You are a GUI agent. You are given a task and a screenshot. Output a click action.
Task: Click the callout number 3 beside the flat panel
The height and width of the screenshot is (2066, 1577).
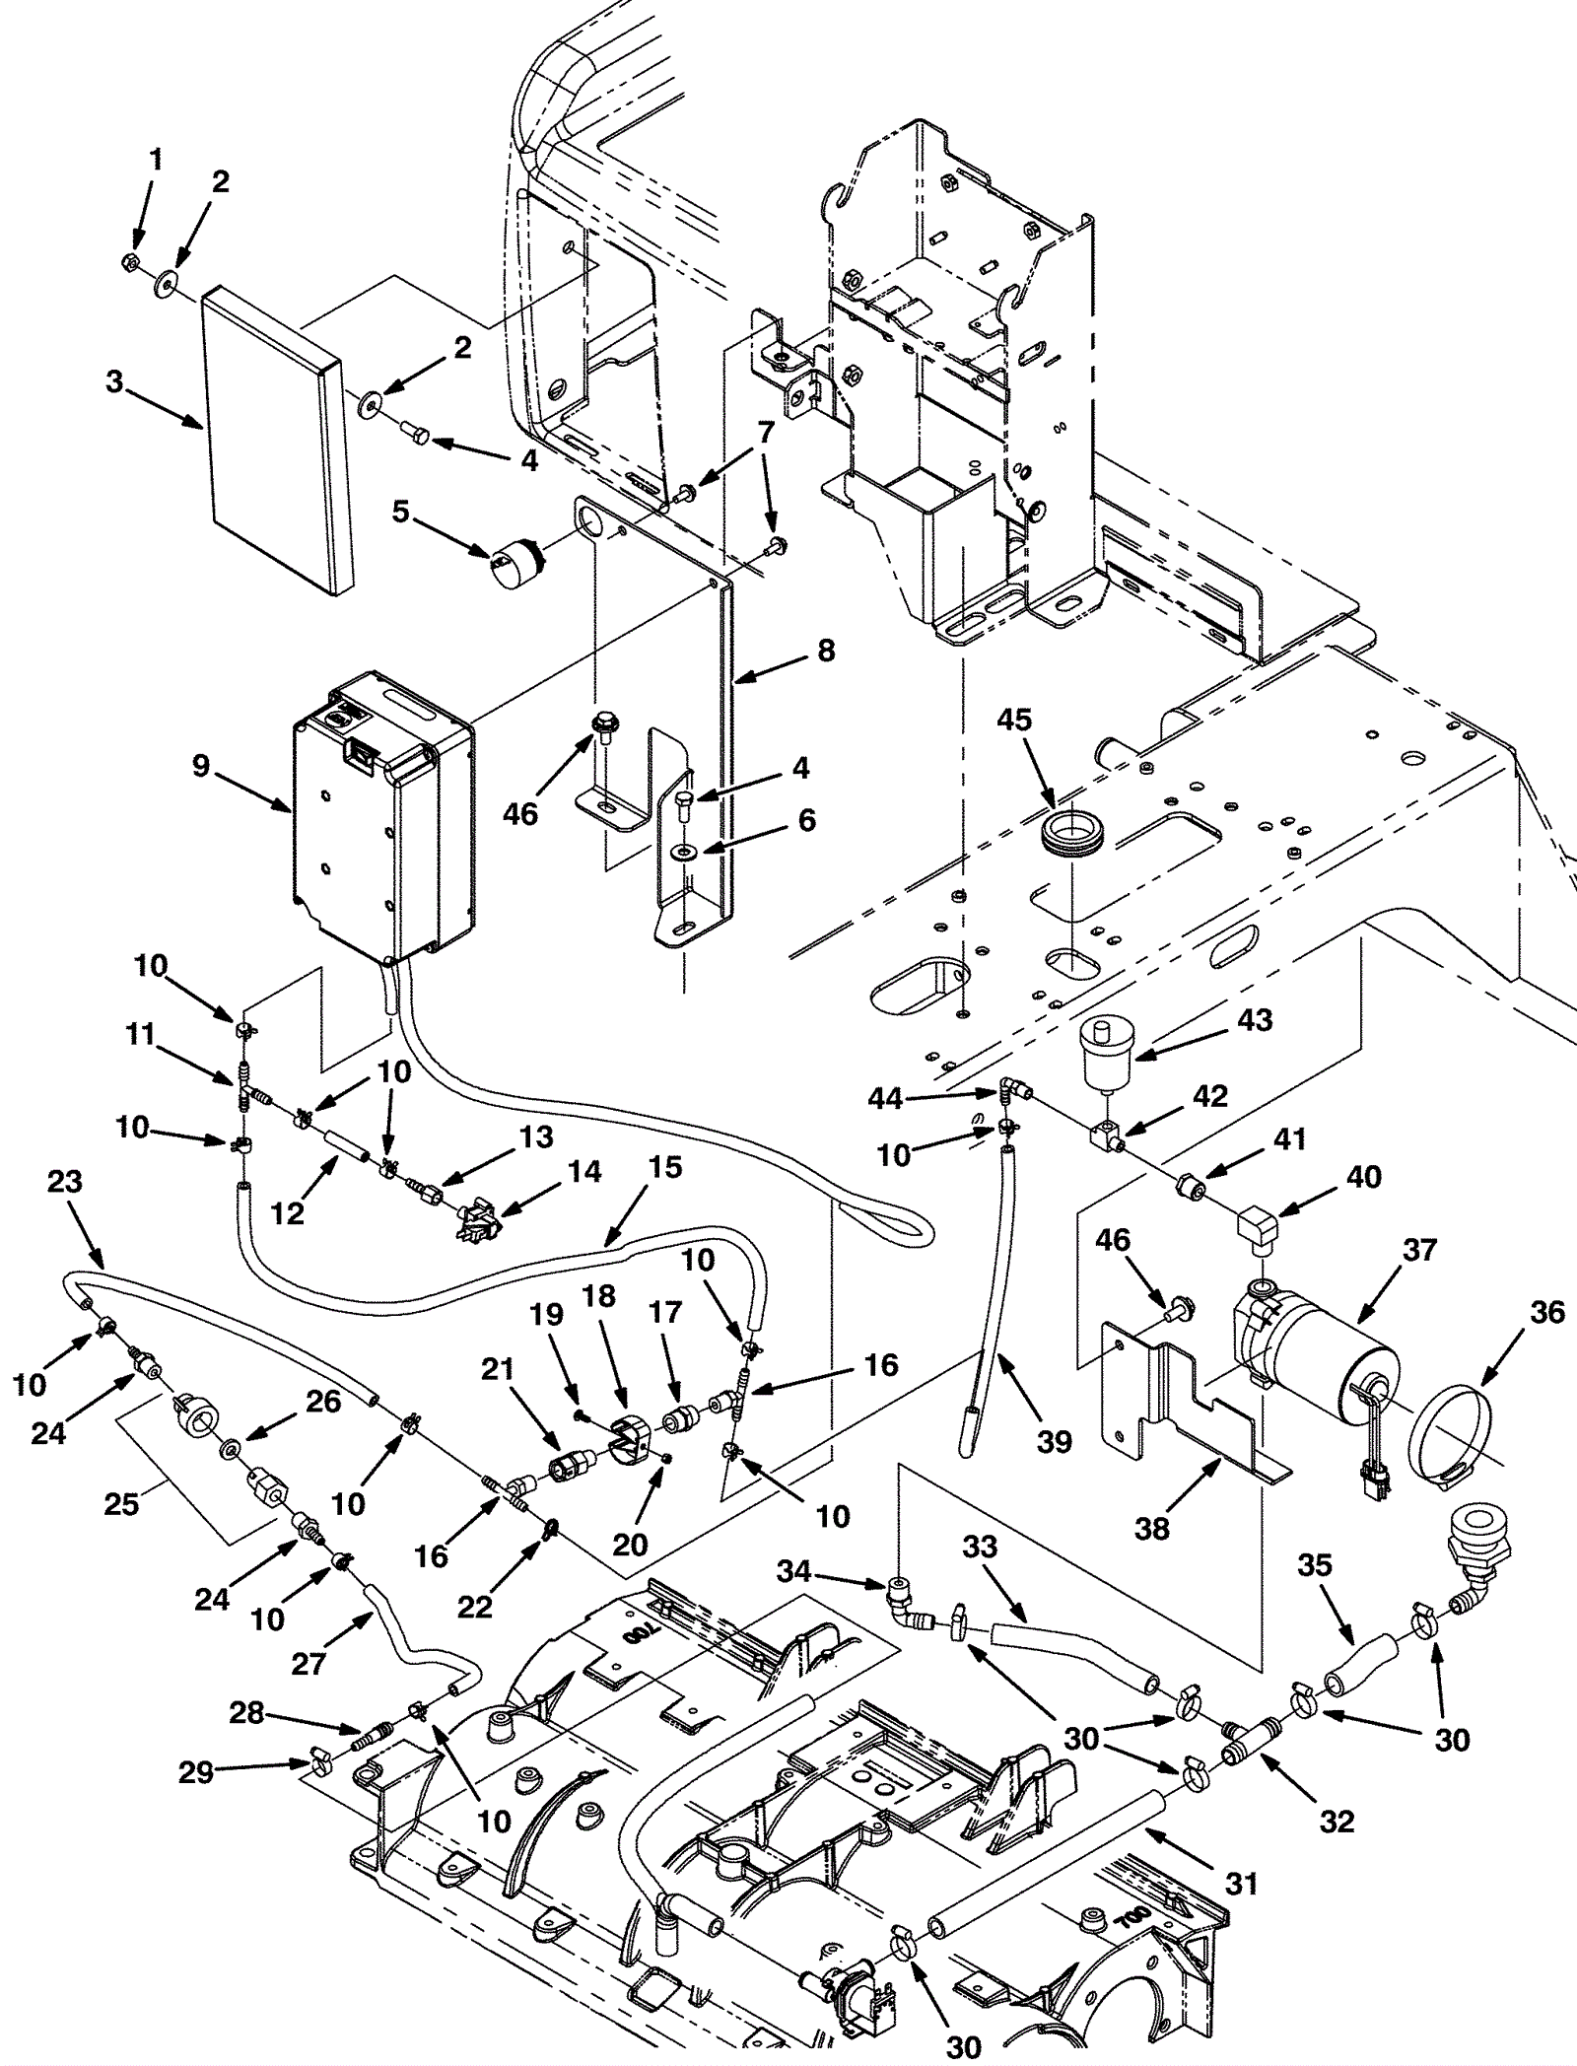(115, 380)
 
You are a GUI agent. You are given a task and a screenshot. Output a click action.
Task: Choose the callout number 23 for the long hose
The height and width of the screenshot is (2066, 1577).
(66, 1181)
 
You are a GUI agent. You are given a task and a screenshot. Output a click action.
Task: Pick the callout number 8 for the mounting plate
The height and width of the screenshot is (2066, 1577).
(825, 651)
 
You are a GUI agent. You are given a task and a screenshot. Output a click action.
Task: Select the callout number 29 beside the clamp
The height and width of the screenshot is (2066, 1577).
(196, 1773)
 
